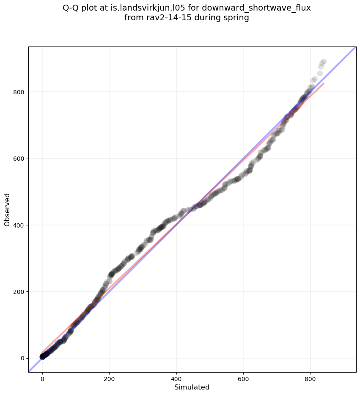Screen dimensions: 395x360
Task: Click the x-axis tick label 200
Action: (x=109, y=377)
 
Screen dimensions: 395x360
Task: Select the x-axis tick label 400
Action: (x=176, y=377)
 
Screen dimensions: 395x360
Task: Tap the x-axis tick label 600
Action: (x=244, y=377)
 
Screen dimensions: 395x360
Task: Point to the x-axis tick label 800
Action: (x=311, y=377)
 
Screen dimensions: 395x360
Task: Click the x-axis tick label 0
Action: (x=42, y=377)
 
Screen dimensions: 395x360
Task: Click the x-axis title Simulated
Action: (x=192, y=387)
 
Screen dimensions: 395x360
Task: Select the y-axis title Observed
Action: (x=7, y=209)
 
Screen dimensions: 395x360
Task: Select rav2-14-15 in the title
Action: (x=161, y=18)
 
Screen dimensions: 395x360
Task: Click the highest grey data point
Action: (x=324, y=62)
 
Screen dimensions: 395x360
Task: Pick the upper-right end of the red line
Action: (x=324, y=83)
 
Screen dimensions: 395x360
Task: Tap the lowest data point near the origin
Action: (x=42, y=357)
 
